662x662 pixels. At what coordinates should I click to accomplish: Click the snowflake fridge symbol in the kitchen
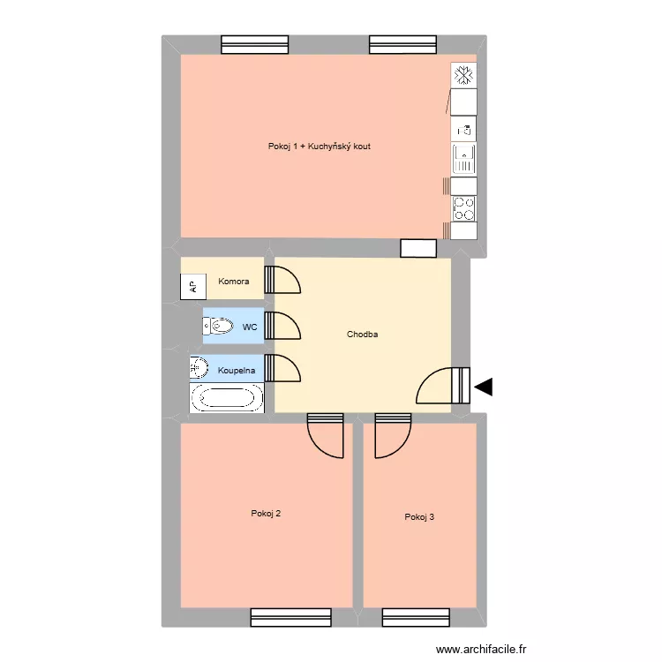463,76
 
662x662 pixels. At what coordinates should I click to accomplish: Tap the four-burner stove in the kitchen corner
464,208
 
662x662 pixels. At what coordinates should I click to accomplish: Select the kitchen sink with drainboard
464,159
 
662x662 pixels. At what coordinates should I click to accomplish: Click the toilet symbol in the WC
220,327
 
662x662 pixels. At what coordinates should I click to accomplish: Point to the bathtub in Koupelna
227,398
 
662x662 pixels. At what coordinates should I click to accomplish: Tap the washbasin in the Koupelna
199,368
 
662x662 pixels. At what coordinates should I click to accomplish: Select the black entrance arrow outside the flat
484,386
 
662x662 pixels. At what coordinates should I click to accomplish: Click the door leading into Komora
286,278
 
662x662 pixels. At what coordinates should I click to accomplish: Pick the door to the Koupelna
286,368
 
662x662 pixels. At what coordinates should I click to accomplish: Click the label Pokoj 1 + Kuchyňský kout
320,146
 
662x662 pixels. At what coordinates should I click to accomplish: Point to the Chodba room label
363,335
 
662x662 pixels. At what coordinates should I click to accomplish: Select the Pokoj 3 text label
419,517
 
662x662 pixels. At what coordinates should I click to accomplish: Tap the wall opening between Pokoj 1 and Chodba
418,249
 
